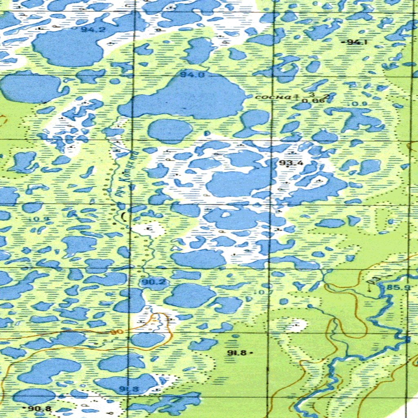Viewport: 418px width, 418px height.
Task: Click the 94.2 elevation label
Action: (x=87, y=29)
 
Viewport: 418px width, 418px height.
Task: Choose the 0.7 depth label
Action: (x=258, y=292)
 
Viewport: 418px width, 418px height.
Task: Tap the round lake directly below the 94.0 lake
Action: (x=169, y=131)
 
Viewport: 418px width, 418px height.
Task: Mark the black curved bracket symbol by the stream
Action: (x=124, y=216)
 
